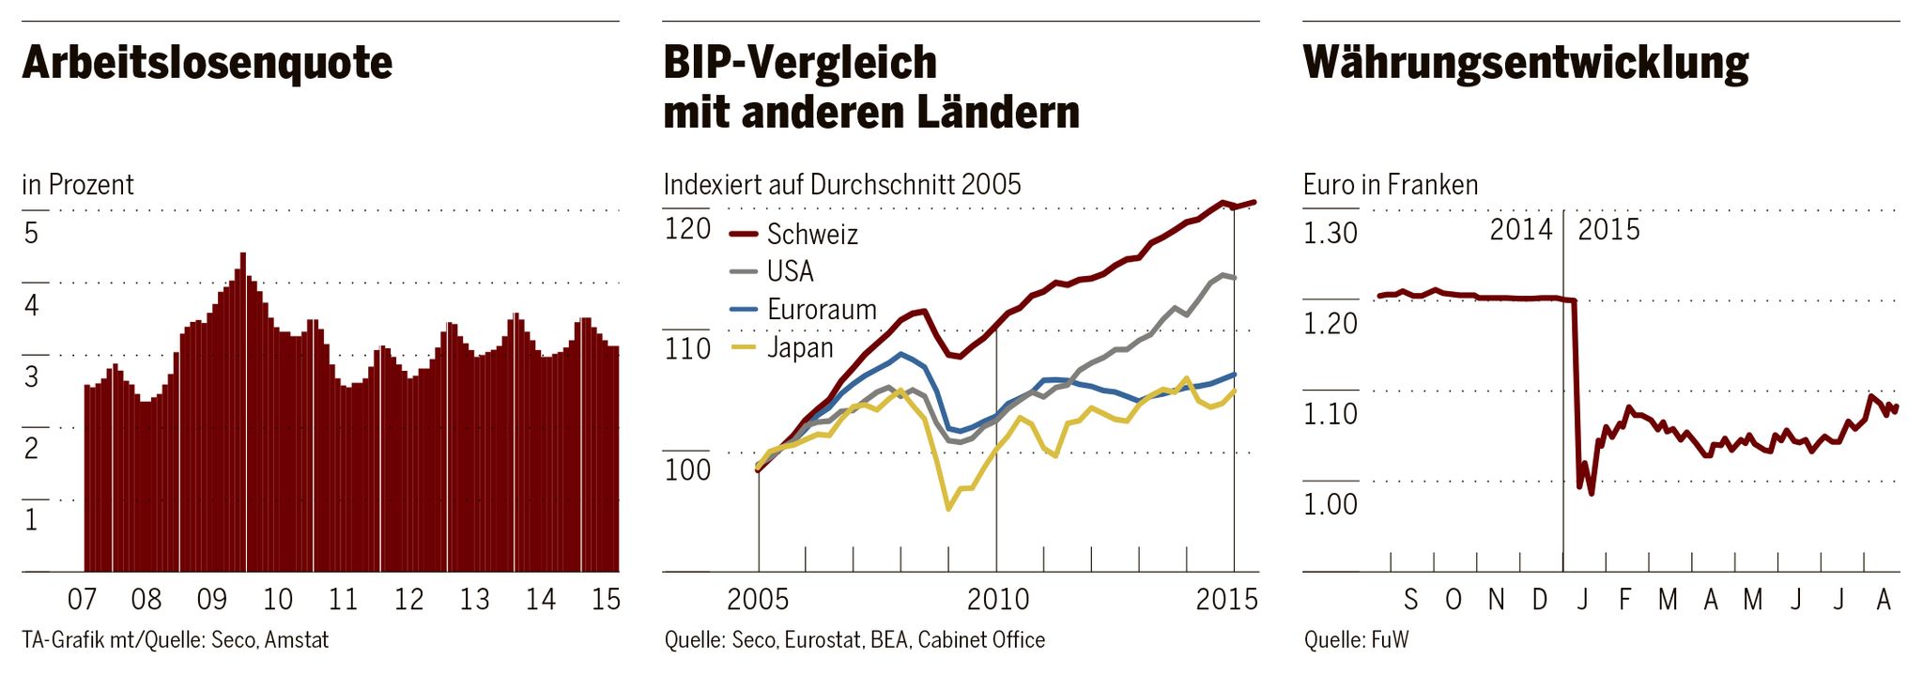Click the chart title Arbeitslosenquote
[x=207, y=63]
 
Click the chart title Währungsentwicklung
[x=1525, y=63]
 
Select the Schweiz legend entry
[x=811, y=234]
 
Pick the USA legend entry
[x=790, y=271]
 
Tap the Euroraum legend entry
[x=821, y=310]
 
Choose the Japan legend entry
[x=799, y=347]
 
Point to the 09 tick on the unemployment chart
[x=212, y=599]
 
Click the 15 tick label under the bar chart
[x=606, y=599]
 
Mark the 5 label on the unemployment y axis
[x=31, y=233]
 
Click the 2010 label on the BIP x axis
[x=997, y=599]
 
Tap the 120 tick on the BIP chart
[x=687, y=228]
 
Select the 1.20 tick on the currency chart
[x=1330, y=323]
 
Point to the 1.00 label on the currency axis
[x=1330, y=504]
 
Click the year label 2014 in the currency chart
[x=1520, y=229]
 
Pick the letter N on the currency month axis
[x=1496, y=599]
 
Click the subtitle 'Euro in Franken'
[x=1390, y=185]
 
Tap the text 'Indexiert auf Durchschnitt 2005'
[x=841, y=185]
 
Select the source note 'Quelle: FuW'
[x=1356, y=640]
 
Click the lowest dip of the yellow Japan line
[x=948, y=509]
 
